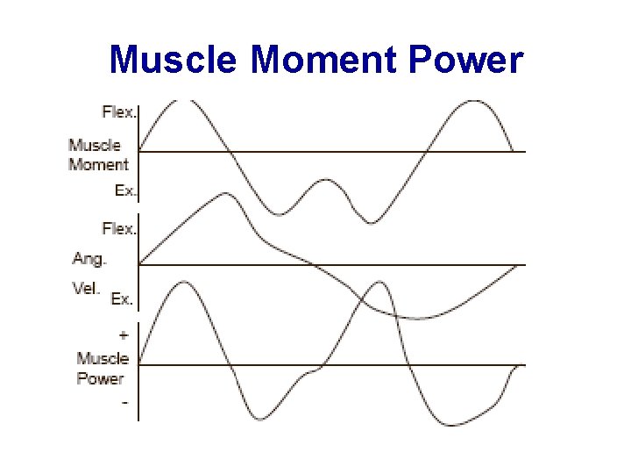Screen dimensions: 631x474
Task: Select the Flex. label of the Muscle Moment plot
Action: pos(119,111)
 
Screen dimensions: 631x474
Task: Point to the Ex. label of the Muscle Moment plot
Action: pos(126,190)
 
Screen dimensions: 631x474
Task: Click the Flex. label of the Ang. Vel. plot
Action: pos(119,228)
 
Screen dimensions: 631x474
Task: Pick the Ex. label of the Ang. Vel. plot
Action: pos(122,299)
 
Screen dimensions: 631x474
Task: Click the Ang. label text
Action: pos(89,258)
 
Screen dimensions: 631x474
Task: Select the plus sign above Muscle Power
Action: pos(123,334)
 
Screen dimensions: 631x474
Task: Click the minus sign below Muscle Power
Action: pos(124,402)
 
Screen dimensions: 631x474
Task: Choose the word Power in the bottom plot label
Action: pos(100,379)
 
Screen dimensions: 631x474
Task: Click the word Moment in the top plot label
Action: pos(98,164)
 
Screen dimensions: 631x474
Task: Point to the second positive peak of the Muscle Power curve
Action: pos(379,283)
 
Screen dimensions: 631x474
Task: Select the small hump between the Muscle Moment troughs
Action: pos(326,180)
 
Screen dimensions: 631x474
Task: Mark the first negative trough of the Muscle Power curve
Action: pos(259,419)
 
